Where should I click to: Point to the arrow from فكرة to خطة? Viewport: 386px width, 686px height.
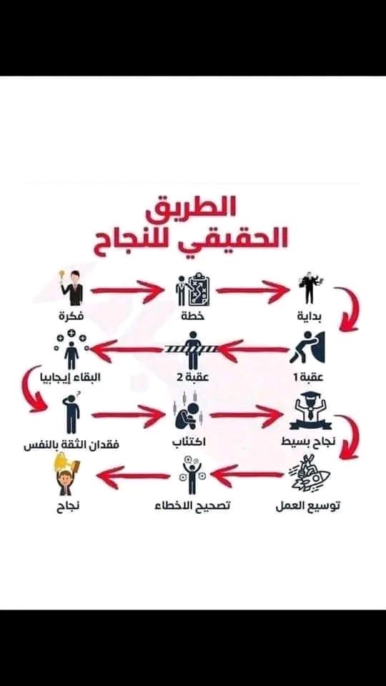point(126,289)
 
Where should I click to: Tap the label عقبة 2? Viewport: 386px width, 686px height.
point(192,377)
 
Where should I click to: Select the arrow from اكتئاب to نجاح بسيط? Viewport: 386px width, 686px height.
point(246,415)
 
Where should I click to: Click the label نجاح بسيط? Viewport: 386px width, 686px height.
point(308,442)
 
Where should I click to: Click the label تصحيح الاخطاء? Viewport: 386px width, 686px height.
point(192,506)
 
